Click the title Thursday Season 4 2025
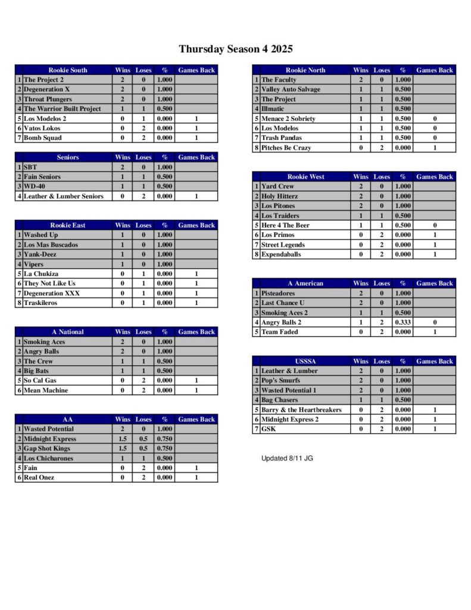click(x=235, y=49)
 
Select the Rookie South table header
click(x=67, y=70)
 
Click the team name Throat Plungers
click(x=48, y=99)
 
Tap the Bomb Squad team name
click(x=42, y=138)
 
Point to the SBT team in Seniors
click(x=30, y=167)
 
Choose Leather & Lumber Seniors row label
click(x=63, y=196)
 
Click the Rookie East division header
click(x=67, y=225)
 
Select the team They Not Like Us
click(x=49, y=284)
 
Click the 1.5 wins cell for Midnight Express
click(x=123, y=439)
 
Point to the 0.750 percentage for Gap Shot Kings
click(x=164, y=449)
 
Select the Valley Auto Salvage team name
click(x=291, y=89)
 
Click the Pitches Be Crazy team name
click(x=286, y=148)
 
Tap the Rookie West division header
click(x=305, y=177)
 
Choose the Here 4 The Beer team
click(x=285, y=225)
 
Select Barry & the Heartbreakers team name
click(x=301, y=410)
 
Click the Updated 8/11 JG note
click(x=287, y=458)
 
